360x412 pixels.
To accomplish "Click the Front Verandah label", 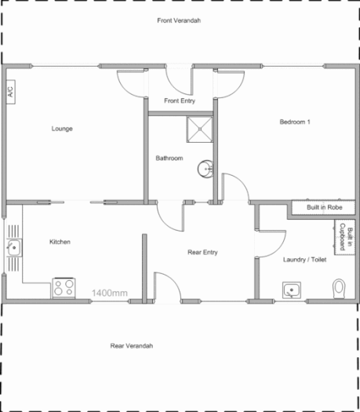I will pyautogui.click(x=180, y=20).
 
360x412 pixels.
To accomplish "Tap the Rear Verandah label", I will pyautogui.click(x=132, y=345).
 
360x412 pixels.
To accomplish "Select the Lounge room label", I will pyautogui.click(x=62, y=129).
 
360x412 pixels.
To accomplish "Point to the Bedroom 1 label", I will pyautogui.click(x=296, y=122).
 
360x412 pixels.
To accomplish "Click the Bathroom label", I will pyautogui.click(x=169, y=159).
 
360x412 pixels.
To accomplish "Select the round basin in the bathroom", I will pyautogui.click(x=206, y=168).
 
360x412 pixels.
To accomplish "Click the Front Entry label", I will pyautogui.click(x=180, y=101).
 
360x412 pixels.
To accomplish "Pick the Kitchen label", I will pyautogui.click(x=60, y=242).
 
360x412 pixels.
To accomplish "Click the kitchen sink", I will pyautogui.click(x=13, y=249).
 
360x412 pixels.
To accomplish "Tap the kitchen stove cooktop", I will pyautogui.click(x=64, y=288).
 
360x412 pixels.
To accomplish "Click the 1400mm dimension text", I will pyautogui.click(x=110, y=293).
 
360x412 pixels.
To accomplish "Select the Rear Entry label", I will pyautogui.click(x=202, y=252).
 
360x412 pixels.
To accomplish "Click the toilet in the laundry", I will pyautogui.click(x=339, y=288).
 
